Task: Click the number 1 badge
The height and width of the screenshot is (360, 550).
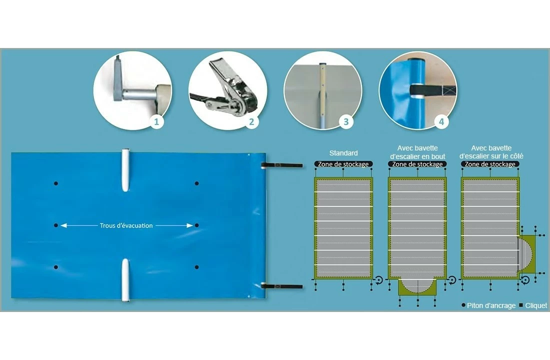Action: (x=156, y=122)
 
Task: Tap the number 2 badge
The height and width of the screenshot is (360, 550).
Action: (x=251, y=122)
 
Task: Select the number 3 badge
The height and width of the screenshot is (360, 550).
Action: (x=346, y=122)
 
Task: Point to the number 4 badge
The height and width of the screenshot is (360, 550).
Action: (x=441, y=122)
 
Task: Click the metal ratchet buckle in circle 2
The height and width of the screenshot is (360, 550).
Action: (x=231, y=89)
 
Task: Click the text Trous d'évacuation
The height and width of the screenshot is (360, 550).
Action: (x=126, y=225)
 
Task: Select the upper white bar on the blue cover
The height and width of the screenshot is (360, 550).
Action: (x=125, y=170)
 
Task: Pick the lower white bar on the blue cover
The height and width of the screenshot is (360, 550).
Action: (x=125, y=280)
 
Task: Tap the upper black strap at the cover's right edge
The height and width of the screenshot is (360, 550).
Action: (x=282, y=165)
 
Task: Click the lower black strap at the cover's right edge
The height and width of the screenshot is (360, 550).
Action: (x=282, y=286)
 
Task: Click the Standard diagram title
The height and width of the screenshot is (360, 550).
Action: (x=343, y=153)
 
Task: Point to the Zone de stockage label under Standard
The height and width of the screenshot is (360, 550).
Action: (x=343, y=164)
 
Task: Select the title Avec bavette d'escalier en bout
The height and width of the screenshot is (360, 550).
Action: (x=417, y=152)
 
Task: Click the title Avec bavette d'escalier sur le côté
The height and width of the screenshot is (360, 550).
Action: (x=491, y=152)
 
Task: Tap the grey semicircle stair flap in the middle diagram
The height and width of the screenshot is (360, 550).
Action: (x=417, y=285)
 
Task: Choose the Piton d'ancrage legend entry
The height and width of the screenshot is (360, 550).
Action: (x=488, y=305)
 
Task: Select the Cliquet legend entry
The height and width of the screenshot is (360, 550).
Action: (x=533, y=305)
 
